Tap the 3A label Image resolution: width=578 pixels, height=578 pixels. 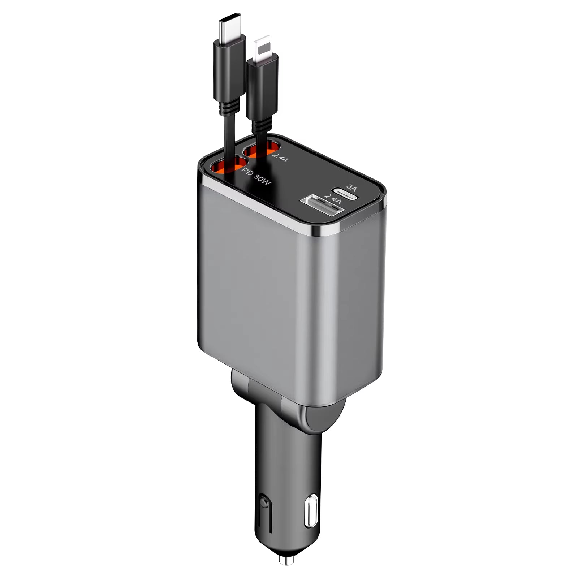[351, 187]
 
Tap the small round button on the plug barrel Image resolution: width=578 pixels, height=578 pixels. [263, 502]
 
